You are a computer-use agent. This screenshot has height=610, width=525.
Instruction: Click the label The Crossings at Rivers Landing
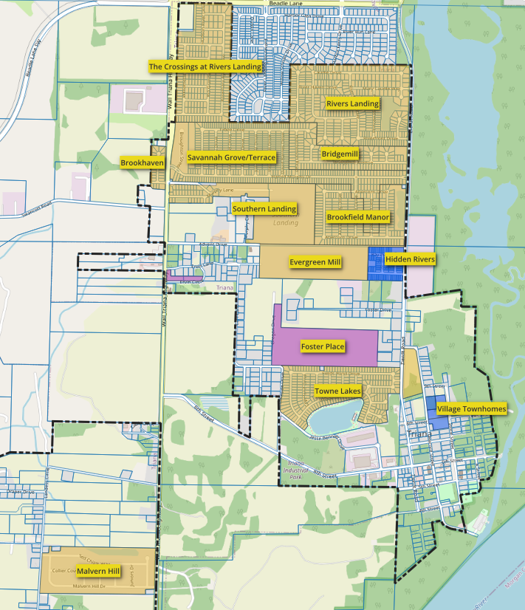(x=205, y=66)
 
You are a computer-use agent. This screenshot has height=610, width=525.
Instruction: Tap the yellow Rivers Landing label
(x=352, y=104)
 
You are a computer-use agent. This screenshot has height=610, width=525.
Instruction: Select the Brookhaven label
(x=142, y=162)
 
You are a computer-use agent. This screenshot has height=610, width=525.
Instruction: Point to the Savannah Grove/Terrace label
(x=231, y=157)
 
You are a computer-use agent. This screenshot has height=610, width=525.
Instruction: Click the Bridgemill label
(x=340, y=154)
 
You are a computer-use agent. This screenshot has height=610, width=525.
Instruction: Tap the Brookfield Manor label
(x=357, y=218)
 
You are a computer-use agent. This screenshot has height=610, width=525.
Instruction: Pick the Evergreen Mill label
(x=315, y=262)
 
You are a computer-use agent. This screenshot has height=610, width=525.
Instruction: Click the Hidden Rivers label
(x=410, y=260)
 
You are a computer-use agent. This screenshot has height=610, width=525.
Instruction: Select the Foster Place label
(x=323, y=346)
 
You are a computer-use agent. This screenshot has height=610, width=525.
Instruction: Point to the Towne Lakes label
(x=337, y=391)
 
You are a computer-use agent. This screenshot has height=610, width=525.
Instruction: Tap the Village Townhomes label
(x=471, y=408)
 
